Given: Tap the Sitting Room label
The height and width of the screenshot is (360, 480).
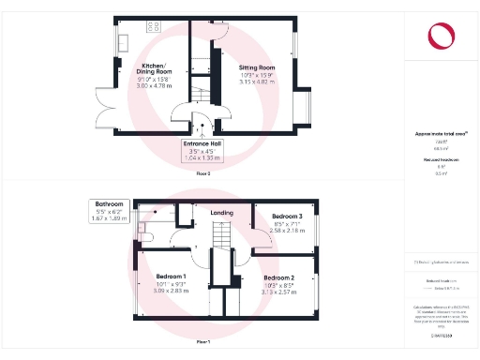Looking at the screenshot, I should (257, 68).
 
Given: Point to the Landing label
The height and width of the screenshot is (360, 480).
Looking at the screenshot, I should (222, 214).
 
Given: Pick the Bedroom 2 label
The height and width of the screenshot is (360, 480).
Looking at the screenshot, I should (279, 278).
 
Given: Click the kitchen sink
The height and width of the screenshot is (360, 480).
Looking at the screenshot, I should (123, 42).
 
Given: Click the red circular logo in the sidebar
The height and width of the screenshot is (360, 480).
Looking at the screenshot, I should (440, 37).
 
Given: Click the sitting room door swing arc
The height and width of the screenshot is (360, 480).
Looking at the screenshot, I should (219, 32).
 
